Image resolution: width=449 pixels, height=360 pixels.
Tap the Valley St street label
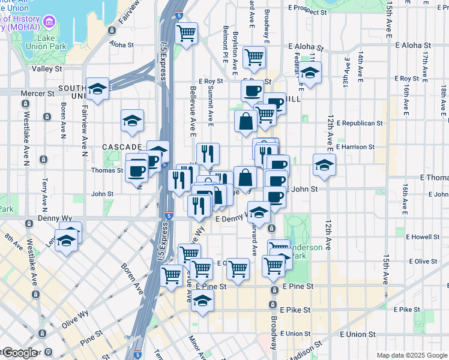pyautogui.click(x=47, y=69)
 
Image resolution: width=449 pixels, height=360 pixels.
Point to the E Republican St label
pyautogui.click(x=360, y=123)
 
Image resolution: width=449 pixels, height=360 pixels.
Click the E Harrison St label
pyautogui.click(x=355, y=146)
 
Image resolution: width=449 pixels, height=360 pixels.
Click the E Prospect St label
pyautogui.click(x=310, y=8)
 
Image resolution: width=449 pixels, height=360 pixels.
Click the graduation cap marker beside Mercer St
pyautogui.click(x=97, y=90)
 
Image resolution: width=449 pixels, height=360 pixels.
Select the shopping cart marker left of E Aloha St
pyautogui.click(x=255, y=58)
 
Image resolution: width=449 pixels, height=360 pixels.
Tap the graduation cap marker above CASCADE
pyautogui.click(x=132, y=121)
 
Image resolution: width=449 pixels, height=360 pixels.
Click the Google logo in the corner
pyautogui.click(x=19, y=353)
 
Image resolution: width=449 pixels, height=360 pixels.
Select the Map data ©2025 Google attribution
pyautogui.click(x=411, y=355)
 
